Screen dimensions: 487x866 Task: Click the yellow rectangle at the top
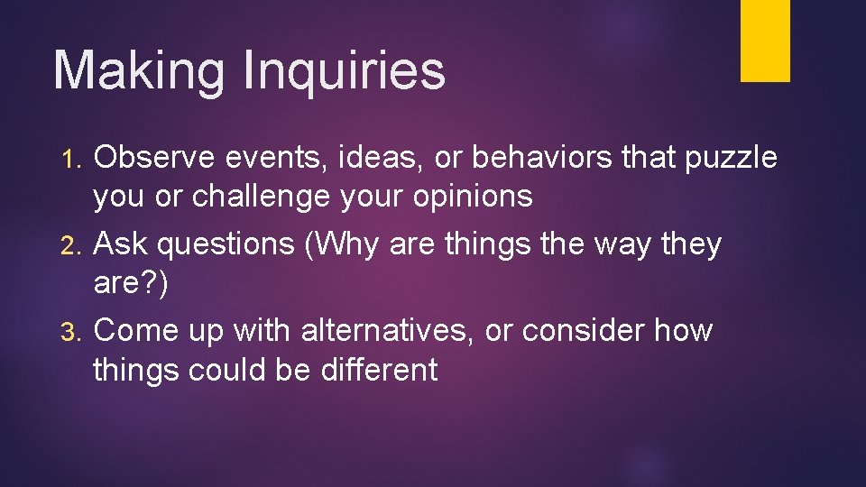pyautogui.click(x=765, y=41)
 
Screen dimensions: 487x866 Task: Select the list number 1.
pyautogui.click(x=75, y=160)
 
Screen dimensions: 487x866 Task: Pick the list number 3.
pyautogui.click(x=76, y=333)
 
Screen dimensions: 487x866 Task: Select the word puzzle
pyautogui.click(x=731, y=158)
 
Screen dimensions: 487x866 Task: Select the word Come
pyautogui.click(x=135, y=331)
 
